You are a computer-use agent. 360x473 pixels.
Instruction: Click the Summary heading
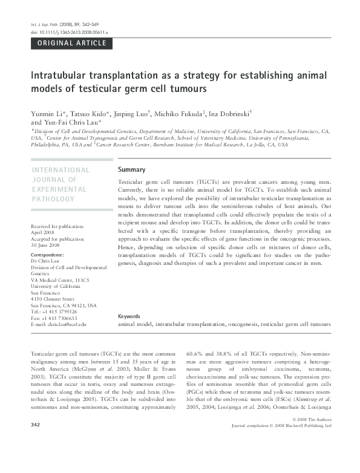(131, 170)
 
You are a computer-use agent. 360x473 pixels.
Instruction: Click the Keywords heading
(129, 316)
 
